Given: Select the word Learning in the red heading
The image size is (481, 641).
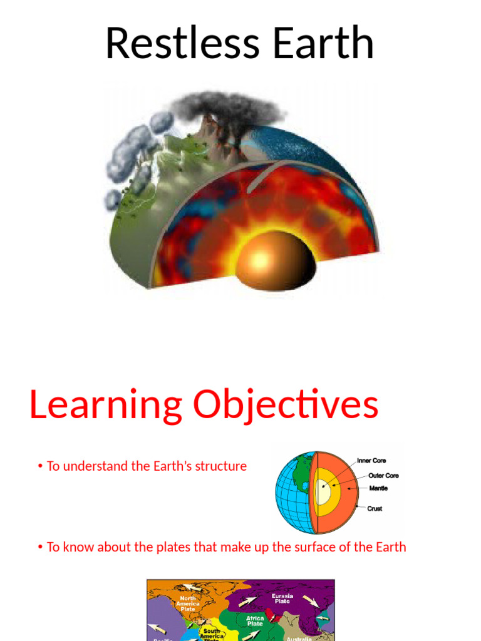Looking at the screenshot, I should point(105,405).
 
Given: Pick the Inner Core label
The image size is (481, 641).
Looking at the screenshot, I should point(371,461).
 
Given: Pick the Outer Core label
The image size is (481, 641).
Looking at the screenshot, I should point(383,476).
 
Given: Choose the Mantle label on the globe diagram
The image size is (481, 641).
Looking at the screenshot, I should point(378,488).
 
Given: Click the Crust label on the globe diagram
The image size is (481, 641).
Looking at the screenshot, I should point(375,508).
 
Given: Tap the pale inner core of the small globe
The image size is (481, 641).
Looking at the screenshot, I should point(323,491).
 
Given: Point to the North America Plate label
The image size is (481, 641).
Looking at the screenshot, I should point(187,603).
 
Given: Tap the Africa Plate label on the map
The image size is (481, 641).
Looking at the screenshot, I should point(255,621).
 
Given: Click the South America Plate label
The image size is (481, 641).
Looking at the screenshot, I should point(212,633).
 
